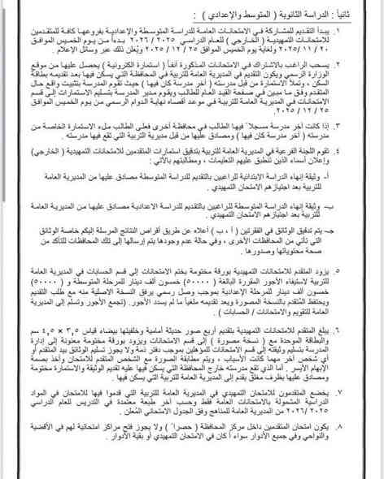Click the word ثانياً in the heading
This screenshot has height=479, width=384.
click(x=355, y=15)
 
